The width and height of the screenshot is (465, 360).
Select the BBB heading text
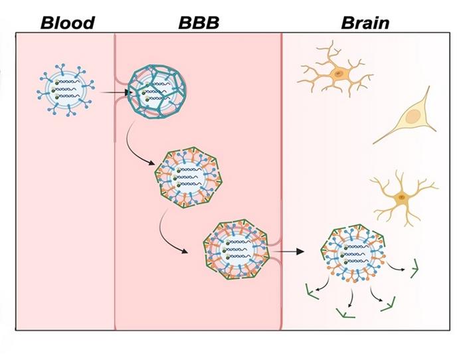tap(199, 23)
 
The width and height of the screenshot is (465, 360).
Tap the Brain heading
tap(365, 23)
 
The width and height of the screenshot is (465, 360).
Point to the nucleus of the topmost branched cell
tap(338, 72)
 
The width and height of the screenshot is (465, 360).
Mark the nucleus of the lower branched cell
tap(401, 197)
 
